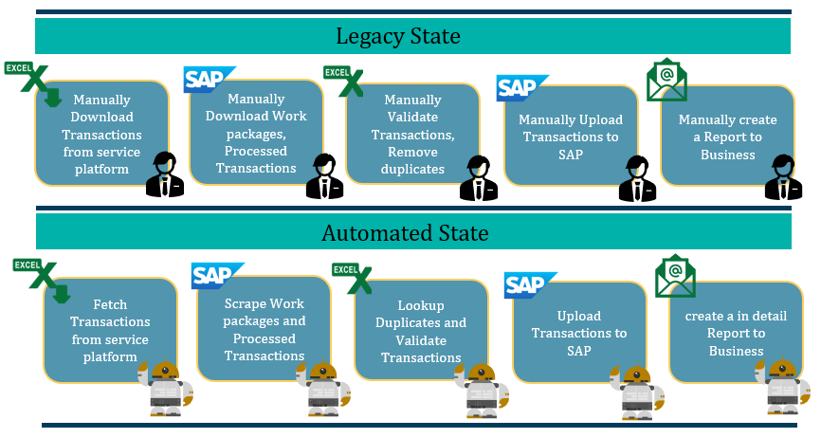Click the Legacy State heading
pyautogui.click(x=398, y=37)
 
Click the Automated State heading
pyautogui.click(x=405, y=233)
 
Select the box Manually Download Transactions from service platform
pyautogui.click(x=101, y=134)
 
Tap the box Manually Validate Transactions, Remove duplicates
pyautogui.click(x=412, y=134)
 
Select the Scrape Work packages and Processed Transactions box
pyautogui.click(x=265, y=329)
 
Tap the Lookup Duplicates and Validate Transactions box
pyautogui.click(x=419, y=332)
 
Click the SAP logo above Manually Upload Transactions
pyautogui.click(x=522, y=87)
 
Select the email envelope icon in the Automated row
pyautogui.click(x=675, y=276)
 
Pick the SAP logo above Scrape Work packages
pyautogui.click(x=217, y=275)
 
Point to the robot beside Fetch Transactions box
pyautogui.click(x=165, y=388)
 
